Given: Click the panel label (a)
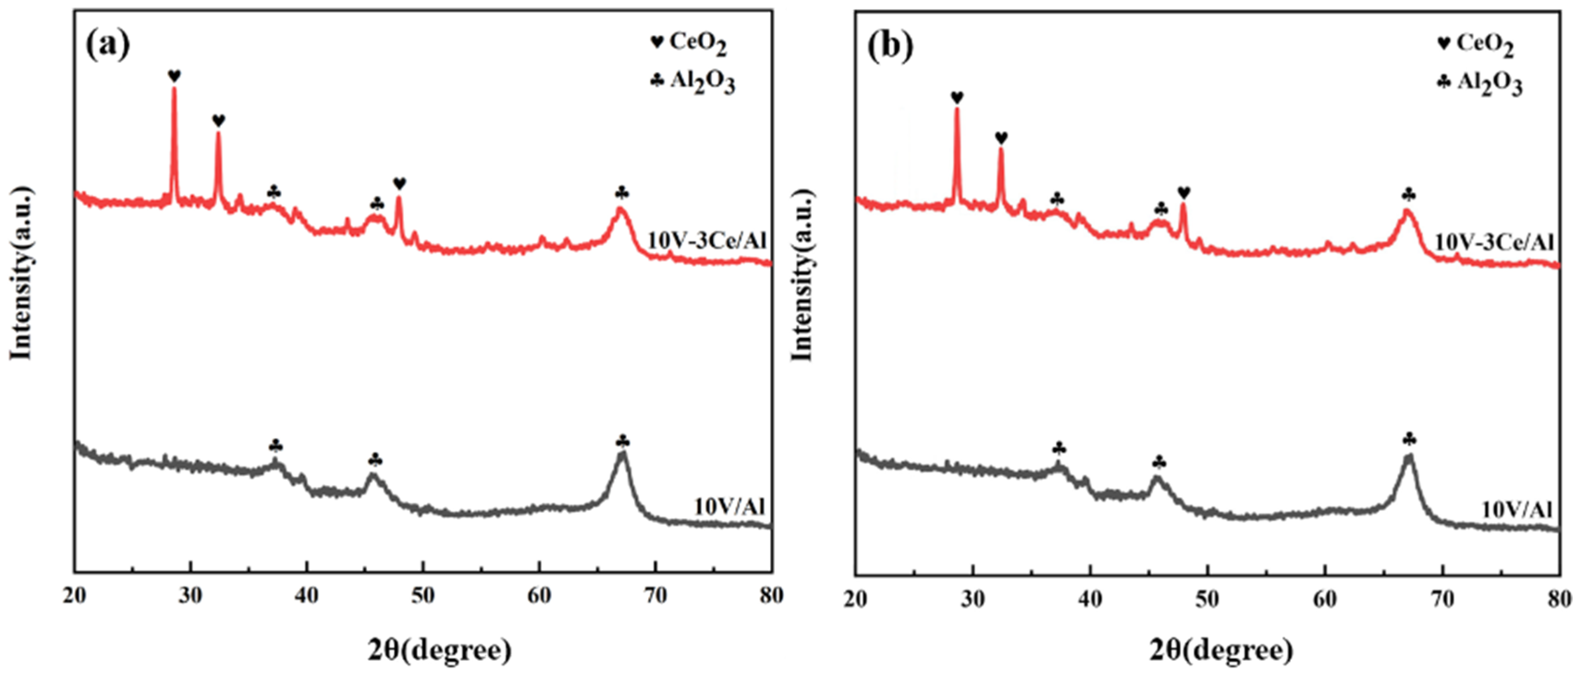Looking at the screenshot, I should click(x=108, y=45).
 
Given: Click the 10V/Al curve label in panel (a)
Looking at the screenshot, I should click(x=729, y=507).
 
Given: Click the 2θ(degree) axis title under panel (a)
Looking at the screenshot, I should click(x=439, y=650).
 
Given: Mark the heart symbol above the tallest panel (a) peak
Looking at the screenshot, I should click(x=174, y=76).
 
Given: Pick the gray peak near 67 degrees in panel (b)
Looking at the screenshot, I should click(x=1409, y=458).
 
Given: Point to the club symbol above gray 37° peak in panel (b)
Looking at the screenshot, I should click(x=1059, y=449).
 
